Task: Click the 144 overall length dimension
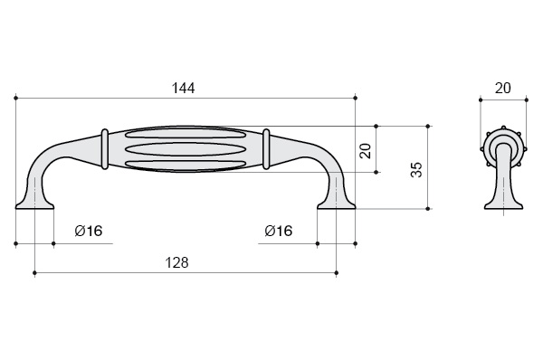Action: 183,89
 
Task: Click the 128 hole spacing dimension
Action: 177,262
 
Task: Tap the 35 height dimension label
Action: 416,170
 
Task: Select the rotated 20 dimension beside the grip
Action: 366,151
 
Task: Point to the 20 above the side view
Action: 502,89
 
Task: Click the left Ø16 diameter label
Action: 89,231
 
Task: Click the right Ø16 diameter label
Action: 279,231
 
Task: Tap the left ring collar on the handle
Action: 104,149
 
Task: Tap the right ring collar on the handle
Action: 266,149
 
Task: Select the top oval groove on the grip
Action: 186,136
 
